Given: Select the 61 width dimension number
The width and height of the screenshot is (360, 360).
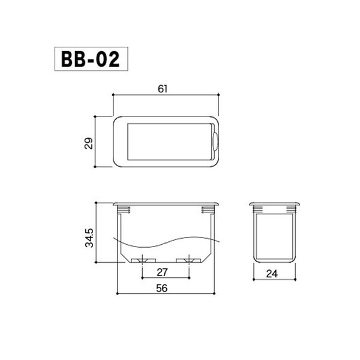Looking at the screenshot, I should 163,88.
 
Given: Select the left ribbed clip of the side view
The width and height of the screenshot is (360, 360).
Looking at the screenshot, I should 258,210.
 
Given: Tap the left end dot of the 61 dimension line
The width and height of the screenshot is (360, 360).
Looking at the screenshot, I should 114,95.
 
